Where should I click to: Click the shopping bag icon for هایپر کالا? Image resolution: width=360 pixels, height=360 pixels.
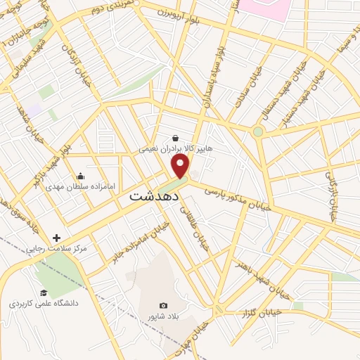click(x=175, y=138)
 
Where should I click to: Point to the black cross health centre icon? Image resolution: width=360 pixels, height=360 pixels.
click(x=57, y=238)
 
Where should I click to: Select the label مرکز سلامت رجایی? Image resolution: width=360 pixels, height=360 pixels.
click(x=56, y=249)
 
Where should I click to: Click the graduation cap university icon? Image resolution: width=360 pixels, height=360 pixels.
click(x=44, y=292)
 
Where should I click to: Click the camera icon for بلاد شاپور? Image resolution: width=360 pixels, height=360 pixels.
click(x=163, y=305)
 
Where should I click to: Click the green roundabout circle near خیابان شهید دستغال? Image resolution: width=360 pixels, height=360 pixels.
click(x=258, y=131)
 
